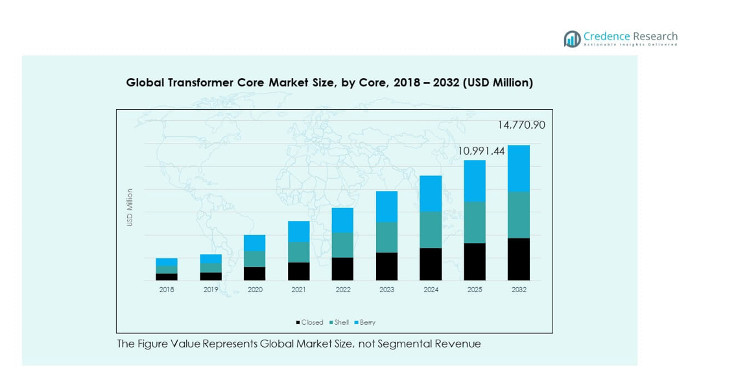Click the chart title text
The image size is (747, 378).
tap(329, 83)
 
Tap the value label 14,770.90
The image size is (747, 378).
tap(521, 125)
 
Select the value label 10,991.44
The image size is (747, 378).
tap(481, 151)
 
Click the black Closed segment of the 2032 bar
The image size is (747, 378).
tap(519, 259)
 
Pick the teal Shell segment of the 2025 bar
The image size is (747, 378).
tap(475, 222)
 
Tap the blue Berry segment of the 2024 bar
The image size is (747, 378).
tap(431, 194)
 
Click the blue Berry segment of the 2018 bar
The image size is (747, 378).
tap(167, 262)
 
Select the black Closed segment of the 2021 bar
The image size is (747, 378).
tap(299, 271)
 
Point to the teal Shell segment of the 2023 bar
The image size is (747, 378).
tap(386, 237)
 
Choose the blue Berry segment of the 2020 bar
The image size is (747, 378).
tap(255, 243)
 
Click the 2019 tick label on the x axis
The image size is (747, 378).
tap(211, 290)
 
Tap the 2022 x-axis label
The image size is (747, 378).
tap(343, 290)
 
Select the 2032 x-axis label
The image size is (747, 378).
tap(519, 290)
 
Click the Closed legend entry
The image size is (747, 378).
tap(310, 323)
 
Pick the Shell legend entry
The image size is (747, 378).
tap(339, 323)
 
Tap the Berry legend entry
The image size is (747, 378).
tap(365, 323)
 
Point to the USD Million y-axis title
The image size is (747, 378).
tap(130, 207)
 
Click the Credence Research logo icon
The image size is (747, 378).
tap(572, 39)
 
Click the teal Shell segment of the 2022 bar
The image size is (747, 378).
tap(343, 245)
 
